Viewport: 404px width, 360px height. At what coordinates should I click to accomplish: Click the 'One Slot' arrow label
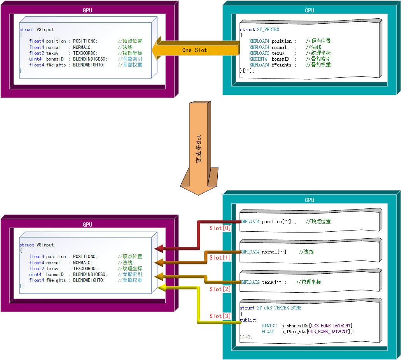tap(194, 50)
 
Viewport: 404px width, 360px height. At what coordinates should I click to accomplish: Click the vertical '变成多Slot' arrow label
tap(199, 149)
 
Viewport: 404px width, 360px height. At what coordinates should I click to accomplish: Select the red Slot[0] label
tap(220, 228)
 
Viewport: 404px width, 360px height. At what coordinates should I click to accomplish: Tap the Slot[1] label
tap(220, 258)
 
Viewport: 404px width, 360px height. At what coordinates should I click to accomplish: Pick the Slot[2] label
tap(220, 289)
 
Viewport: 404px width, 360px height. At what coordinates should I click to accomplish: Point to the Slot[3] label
tap(220, 316)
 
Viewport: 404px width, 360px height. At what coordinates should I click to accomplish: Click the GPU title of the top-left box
tap(87, 10)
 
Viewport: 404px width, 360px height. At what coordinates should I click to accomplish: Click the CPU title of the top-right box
tap(310, 10)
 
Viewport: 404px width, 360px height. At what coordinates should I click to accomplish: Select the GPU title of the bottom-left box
tap(87, 225)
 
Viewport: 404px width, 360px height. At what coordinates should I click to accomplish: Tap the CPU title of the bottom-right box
tap(310, 200)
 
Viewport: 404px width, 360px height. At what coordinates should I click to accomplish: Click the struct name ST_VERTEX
tap(268, 30)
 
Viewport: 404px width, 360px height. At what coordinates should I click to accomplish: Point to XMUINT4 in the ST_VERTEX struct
tap(258, 59)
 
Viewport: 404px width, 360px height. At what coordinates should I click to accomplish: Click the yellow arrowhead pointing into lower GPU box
tap(161, 288)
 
